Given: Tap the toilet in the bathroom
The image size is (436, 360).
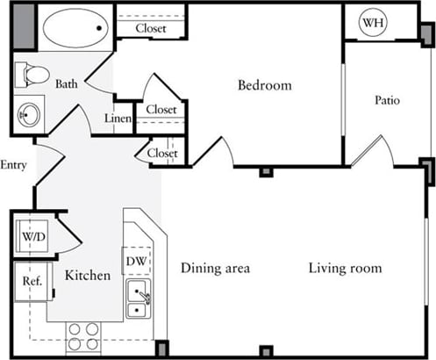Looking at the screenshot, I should point(32,75).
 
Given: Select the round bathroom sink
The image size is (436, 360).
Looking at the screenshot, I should point(29,114).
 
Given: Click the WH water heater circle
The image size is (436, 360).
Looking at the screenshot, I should point(372,23).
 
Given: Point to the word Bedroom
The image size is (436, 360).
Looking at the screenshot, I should point(264,85).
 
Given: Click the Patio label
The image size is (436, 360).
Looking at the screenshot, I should point(387,100).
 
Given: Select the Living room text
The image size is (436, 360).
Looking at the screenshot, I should point(345,268).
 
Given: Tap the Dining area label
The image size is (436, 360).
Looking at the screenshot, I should point(216,268).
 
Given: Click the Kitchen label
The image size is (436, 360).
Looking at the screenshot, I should point(88,276).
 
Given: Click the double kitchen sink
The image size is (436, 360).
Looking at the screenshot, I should point(137,299).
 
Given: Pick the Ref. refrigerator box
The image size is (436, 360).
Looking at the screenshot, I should point(32,282).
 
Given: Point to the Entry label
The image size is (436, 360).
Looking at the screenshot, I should point(13,165).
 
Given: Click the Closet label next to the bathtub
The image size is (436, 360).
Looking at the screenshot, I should point(152,28).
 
